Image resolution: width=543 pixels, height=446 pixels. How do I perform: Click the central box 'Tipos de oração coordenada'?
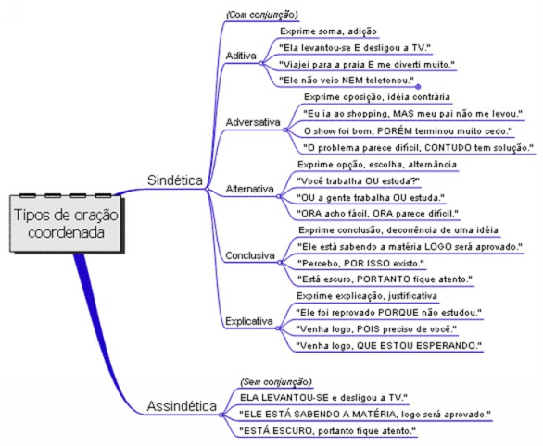tap(66, 223)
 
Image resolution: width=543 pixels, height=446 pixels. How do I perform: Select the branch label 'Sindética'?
tap(175, 180)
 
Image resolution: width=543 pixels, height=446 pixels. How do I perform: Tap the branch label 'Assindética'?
tap(182, 406)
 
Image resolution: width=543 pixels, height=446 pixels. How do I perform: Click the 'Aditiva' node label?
tap(241, 56)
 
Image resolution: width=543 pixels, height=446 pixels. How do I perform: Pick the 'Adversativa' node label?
tap(253, 122)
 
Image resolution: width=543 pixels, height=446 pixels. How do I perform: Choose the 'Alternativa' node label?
tap(249, 189)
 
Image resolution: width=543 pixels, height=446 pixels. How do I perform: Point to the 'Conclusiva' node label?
tap(250, 255)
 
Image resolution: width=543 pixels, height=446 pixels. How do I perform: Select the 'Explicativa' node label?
tap(249, 321)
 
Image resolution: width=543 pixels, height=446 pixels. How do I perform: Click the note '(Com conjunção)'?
tap(262, 15)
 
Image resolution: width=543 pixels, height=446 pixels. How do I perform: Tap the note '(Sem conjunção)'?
tap(276, 382)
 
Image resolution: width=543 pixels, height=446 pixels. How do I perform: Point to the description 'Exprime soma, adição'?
tap(328, 31)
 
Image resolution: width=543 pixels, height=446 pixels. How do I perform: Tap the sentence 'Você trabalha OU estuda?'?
tap(359, 181)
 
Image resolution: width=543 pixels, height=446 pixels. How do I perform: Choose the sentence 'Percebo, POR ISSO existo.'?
tap(360, 264)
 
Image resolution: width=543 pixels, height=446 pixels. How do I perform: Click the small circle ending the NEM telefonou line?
tap(418, 87)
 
